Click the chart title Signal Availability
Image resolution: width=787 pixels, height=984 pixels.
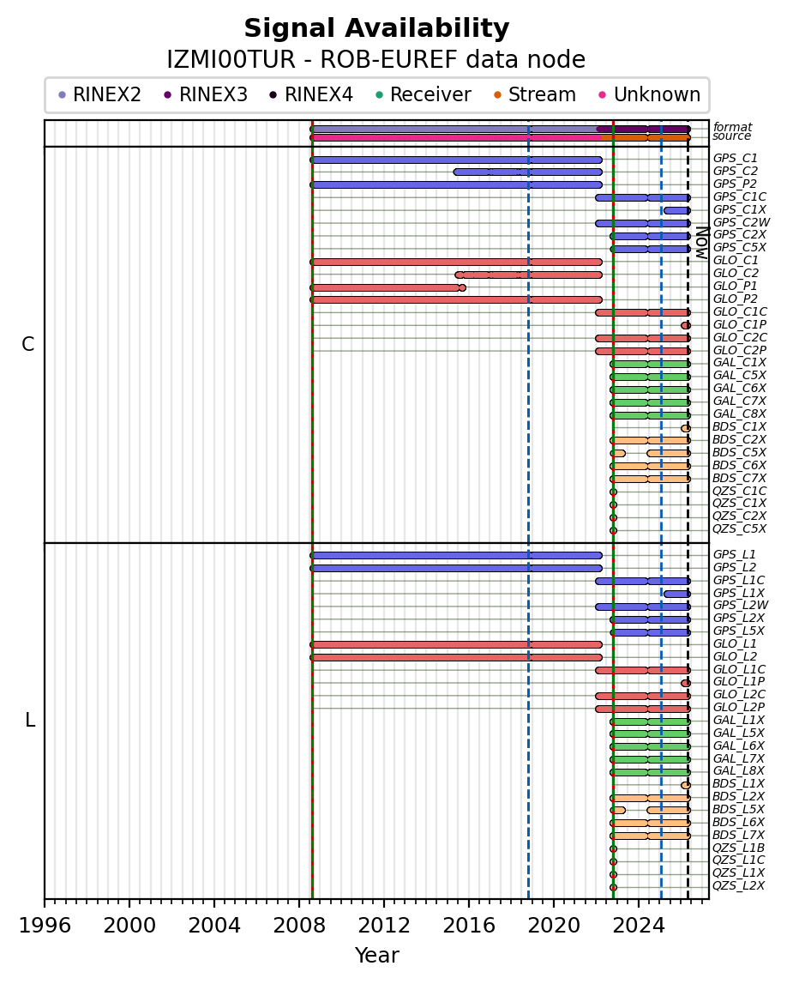(x=376, y=29)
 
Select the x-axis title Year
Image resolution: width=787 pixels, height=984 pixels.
(x=376, y=955)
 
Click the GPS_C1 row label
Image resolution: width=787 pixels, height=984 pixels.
(x=735, y=159)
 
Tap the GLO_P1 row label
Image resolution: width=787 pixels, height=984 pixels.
(x=735, y=286)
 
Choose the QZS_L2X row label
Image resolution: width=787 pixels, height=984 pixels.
(x=738, y=885)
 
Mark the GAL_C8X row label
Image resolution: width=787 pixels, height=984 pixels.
(x=739, y=414)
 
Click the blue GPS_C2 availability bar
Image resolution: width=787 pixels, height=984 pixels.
(x=527, y=172)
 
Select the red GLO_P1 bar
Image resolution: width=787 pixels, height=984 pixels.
(x=386, y=287)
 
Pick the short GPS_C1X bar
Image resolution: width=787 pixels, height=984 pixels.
(x=676, y=210)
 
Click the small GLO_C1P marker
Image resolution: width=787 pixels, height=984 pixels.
(x=686, y=325)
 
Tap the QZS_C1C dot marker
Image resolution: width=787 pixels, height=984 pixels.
(x=613, y=492)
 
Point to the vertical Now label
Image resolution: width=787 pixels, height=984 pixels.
(x=700, y=243)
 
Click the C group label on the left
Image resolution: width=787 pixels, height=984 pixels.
(x=28, y=345)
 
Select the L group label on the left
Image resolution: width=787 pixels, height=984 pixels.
(x=30, y=721)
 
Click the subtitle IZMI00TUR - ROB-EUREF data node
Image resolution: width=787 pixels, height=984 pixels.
(x=376, y=60)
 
